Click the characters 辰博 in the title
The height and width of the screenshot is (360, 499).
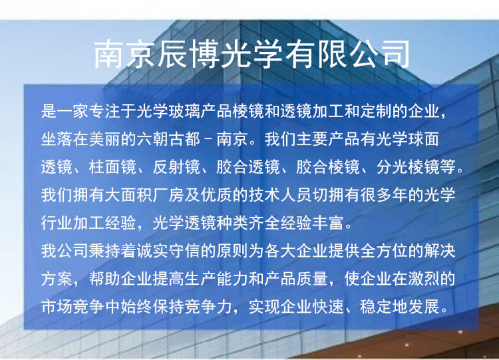click(188, 54)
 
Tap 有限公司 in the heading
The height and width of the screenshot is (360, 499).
click(347, 54)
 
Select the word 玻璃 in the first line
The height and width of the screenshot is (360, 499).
click(184, 111)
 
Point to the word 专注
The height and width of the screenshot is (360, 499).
click(104, 111)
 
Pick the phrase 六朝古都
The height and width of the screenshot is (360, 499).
click(169, 139)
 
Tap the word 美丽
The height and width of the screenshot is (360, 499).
click(104, 139)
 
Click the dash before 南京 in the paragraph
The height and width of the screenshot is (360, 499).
click(208, 140)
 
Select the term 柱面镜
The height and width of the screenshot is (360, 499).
click(112, 167)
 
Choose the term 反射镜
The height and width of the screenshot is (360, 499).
click(176, 167)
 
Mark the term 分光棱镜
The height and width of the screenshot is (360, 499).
click(408, 167)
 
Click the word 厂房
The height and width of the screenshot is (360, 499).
click(169, 195)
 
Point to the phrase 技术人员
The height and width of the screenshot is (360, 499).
click(280, 195)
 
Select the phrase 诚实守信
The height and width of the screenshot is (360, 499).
click(169, 251)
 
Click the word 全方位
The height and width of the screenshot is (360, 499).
click(384, 251)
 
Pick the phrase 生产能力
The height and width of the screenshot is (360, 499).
click(216, 279)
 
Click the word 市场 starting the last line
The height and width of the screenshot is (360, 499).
click(57, 307)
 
